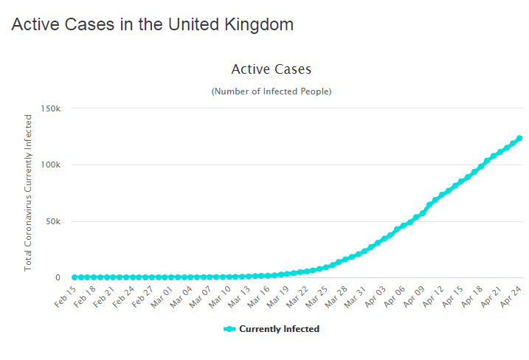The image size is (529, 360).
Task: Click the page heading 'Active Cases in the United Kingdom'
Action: pos(153,24)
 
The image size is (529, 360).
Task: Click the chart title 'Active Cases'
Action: pos(272,69)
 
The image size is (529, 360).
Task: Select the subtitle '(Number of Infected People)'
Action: pos(272,91)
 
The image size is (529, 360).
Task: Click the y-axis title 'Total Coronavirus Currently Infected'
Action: pos(29,193)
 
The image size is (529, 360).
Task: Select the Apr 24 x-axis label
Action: pos(512,294)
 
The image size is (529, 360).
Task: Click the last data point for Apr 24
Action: pos(519,138)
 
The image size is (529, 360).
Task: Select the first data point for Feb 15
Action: pos(74,277)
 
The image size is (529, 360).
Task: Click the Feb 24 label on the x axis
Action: pos(124,294)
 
